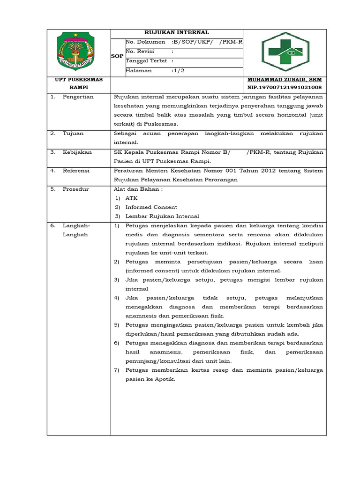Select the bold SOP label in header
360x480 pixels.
point(117,56)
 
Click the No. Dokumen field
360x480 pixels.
point(183,43)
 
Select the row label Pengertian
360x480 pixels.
point(78,97)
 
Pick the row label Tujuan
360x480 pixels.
point(73,133)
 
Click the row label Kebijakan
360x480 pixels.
point(77,152)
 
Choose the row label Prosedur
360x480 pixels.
point(75,189)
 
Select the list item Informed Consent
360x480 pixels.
point(151,207)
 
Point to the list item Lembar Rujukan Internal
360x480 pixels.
point(162,216)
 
